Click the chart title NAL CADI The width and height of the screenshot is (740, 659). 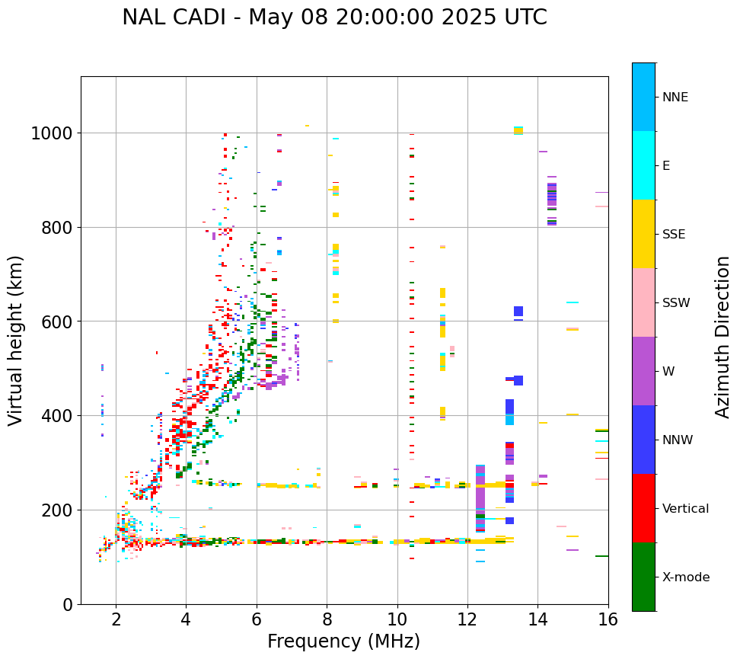click(334, 18)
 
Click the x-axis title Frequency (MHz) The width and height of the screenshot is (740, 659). click(343, 641)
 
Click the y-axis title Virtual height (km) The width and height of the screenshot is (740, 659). click(16, 340)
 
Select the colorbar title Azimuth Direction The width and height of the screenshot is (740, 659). click(722, 337)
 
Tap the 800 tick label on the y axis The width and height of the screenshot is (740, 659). click(56, 228)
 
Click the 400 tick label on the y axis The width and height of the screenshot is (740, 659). click(56, 416)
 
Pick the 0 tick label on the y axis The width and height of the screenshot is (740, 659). click(67, 604)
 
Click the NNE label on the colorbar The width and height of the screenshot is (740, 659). click(675, 97)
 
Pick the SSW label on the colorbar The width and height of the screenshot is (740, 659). click(676, 302)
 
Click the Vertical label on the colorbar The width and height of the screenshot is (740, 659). click(685, 508)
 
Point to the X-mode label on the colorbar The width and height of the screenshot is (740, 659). click(686, 577)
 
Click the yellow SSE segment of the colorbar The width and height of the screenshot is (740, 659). click(643, 234)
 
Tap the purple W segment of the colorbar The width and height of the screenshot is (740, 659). click(643, 371)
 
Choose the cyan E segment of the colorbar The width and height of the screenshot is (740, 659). click(643, 165)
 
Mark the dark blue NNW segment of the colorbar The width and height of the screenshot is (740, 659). click(643, 440)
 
